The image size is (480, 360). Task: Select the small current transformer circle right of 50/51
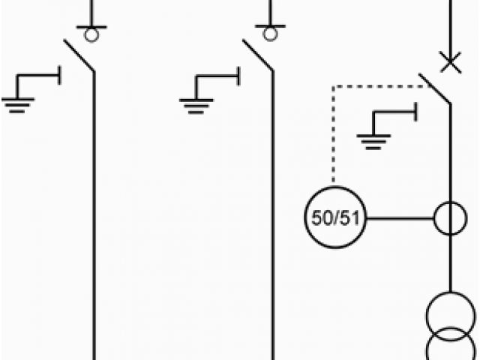tap(450, 219)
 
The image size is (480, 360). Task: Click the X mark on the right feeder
tap(450, 63)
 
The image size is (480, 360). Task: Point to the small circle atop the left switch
tap(91, 34)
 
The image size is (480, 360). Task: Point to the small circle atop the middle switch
tap(270, 34)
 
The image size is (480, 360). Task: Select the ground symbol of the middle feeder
tap(196, 103)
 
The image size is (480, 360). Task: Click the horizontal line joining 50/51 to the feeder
tap(400, 219)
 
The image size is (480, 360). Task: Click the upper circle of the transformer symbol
tap(450, 315)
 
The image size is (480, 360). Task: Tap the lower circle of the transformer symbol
tap(450, 349)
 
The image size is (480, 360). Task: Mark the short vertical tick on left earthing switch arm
tap(60, 75)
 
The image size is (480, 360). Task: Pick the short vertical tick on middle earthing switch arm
tap(238, 75)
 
